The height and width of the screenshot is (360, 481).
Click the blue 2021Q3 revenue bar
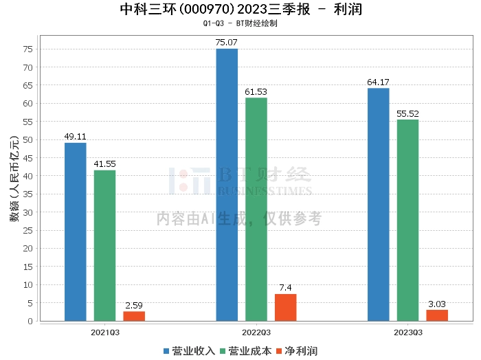pyautogui.click(x=75, y=232)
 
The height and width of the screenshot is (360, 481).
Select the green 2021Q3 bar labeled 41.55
pyautogui.click(x=104, y=245)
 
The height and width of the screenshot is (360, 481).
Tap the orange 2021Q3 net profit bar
pyautogui.click(x=134, y=316)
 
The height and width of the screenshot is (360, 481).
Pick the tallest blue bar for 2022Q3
pyautogui.click(x=227, y=185)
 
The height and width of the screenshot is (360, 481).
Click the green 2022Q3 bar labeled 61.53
pyautogui.click(x=256, y=209)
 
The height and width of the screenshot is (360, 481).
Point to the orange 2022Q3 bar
pyautogui.click(x=286, y=307)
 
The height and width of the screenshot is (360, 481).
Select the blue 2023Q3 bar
pyautogui.click(x=378, y=204)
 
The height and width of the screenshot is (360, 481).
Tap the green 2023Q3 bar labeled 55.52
pyautogui.click(x=407, y=220)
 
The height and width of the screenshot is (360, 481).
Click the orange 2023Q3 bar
pyautogui.click(x=437, y=315)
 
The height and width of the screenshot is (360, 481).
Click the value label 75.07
pyautogui.click(x=227, y=43)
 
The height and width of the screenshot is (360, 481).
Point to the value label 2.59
pyautogui.click(x=134, y=305)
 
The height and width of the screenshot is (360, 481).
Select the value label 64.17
pyautogui.click(x=378, y=82)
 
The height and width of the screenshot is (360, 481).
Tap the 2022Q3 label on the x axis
pyautogui.click(x=256, y=331)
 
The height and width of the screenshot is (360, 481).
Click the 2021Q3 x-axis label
pyautogui.click(x=104, y=331)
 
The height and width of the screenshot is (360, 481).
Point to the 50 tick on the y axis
pyautogui.click(x=27, y=140)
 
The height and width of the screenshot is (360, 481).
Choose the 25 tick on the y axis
pyautogui.click(x=27, y=230)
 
